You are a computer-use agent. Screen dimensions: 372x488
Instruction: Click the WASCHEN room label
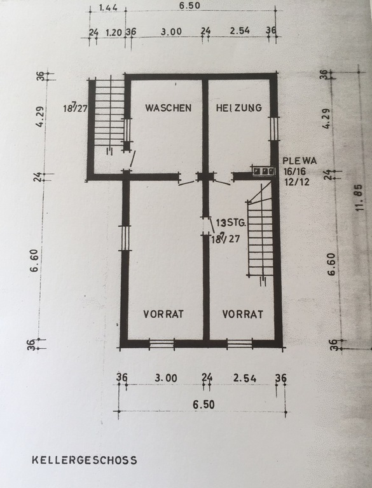(x=169, y=107)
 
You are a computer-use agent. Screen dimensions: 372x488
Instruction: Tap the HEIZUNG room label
(x=239, y=107)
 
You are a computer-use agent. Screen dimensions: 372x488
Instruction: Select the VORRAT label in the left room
(x=163, y=314)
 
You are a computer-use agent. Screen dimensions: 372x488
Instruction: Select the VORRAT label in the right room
(x=243, y=314)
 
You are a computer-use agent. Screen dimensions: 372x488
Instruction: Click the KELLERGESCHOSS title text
(x=85, y=460)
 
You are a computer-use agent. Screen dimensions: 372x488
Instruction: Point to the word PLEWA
(x=300, y=161)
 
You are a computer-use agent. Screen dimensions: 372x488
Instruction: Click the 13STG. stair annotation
(x=231, y=223)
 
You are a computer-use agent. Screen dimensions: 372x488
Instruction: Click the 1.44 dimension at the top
(x=108, y=8)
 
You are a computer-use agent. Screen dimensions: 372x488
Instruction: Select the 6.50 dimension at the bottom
(x=203, y=405)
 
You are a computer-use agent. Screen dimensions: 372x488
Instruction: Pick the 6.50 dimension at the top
(x=189, y=6)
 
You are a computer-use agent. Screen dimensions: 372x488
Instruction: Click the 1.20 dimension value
(x=113, y=32)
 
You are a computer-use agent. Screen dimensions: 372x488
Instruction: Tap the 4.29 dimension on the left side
(x=39, y=117)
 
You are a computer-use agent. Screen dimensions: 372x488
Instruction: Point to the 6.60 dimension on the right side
(x=331, y=264)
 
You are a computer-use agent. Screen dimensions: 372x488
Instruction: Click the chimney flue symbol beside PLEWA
(x=264, y=171)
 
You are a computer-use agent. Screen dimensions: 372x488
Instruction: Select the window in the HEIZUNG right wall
(x=274, y=128)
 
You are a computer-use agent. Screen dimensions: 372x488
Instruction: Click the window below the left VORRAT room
(x=162, y=344)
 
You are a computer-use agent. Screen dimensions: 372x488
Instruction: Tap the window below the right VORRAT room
(x=240, y=344)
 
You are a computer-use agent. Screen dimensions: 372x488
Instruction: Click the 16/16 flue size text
(x=294, y=171)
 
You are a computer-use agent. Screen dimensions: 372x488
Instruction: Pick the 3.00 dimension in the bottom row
(x=166, y=378)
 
